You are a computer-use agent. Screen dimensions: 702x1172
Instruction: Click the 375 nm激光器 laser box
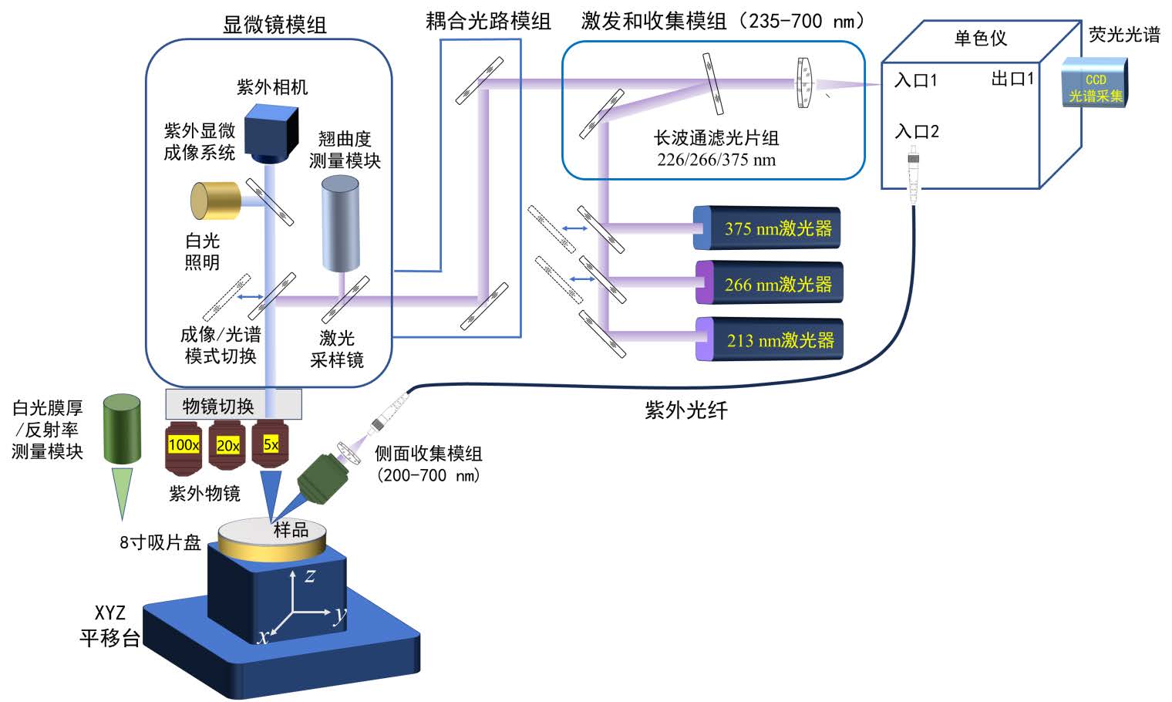click(x=767, y=228)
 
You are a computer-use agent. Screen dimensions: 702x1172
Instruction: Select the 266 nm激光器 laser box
click(x=770, y=283)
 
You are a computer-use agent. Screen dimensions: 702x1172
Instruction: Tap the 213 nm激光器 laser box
click(x=770, y=339)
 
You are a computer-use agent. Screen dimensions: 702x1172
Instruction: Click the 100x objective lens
click(x=184, y=447)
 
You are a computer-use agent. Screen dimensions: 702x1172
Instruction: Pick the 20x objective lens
click(x=227, y=447)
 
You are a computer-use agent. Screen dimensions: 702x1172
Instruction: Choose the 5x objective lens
click(x=271, y=446)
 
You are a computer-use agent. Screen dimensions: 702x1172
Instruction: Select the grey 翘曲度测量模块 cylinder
click(x=340, y=223)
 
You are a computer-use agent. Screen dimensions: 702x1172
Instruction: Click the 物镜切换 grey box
click(x=233, y=405)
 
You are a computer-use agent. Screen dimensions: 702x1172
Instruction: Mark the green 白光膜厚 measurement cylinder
click(x=122, y=429)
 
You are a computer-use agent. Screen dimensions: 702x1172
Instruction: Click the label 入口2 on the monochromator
click(x=917, y=131)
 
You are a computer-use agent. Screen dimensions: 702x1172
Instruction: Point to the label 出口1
click(x=1012, y=79)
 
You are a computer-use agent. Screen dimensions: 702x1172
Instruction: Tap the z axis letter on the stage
click(x=310, y=575)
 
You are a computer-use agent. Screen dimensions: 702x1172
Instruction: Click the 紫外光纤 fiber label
click(x=685, y=410)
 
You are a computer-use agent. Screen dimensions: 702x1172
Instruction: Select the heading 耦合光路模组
click(x=488, y=21)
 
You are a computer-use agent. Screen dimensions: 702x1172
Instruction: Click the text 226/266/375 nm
click(x=716, y=160)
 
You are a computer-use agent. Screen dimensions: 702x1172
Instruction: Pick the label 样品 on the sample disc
click(x=291, y=530)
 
